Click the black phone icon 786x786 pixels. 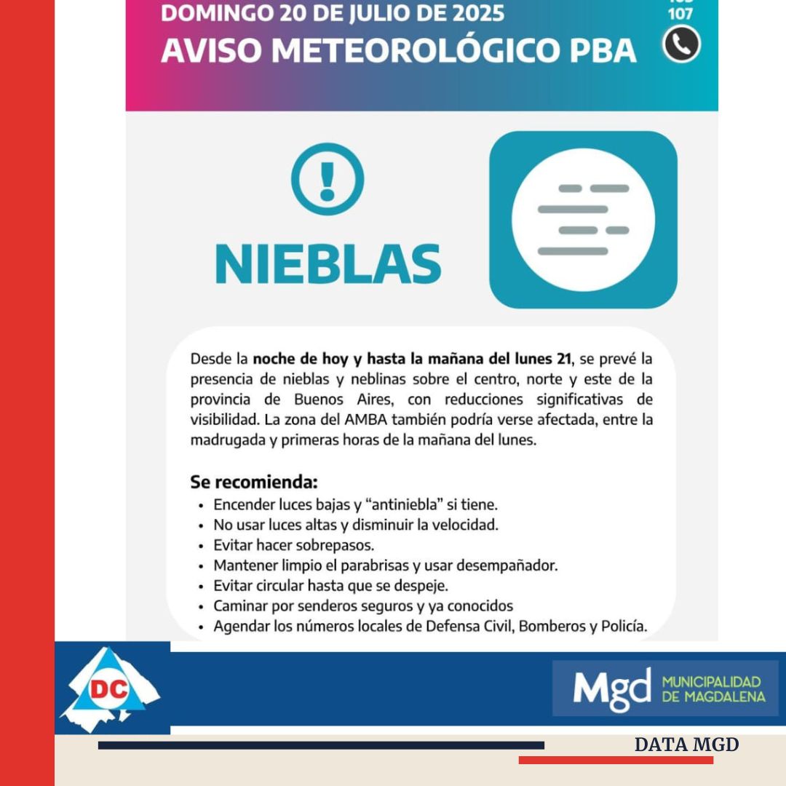681,44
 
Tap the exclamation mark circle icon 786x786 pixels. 327,178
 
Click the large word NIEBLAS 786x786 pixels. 328,263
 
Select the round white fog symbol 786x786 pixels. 583,219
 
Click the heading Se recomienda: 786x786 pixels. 254,482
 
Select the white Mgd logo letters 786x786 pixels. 612,688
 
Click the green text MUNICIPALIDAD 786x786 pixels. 711,682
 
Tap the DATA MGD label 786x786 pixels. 686,745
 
